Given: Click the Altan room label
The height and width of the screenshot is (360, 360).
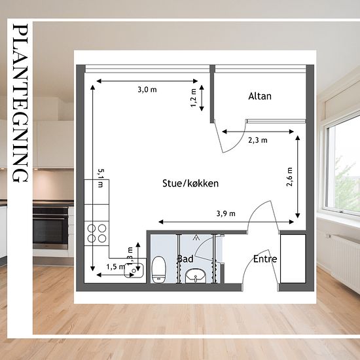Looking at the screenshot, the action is (x=260, y=96).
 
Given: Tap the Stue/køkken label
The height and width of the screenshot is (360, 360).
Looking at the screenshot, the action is (x=190, y=183).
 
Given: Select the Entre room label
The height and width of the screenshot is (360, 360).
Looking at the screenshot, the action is (x=265, y=259).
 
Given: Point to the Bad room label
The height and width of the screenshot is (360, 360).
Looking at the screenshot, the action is (x=185, y=259).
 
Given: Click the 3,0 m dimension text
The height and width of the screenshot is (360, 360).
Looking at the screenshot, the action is (x=147, y=90).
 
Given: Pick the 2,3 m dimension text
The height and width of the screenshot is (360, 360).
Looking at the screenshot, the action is (x=258, y=140).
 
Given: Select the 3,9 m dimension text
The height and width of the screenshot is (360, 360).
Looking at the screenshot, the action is (x=226, y=214).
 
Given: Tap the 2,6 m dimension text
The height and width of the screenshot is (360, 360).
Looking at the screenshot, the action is (x=290, y=177).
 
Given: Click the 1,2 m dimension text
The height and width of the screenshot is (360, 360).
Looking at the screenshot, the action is (x=194, y=98).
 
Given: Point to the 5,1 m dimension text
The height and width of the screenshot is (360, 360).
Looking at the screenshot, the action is (x=101, y=178).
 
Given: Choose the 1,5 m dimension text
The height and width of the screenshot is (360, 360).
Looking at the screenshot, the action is (x=116, y=267).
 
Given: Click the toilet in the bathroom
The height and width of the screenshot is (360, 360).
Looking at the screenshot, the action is (x=159, y=269).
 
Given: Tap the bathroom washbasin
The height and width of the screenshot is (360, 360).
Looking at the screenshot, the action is (x=196, y=276).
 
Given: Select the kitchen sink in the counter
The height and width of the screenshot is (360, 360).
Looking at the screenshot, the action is (x=134, y=270).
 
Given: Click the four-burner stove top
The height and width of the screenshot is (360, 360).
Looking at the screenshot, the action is (x=97, y=233).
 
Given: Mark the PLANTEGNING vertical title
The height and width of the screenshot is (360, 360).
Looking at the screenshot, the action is (x=20, y=103).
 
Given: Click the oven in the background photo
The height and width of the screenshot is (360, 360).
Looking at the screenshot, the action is (x=50, y=227).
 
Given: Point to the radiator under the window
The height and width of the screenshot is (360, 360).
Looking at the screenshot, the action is (x=344, y=262).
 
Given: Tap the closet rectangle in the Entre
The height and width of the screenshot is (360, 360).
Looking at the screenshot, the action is (x=293, y=259).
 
